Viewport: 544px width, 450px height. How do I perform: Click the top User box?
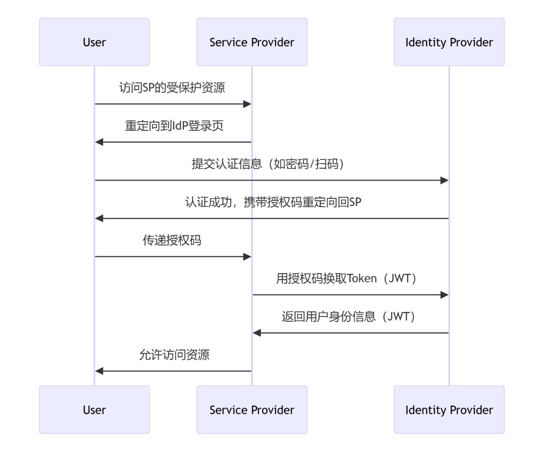click(94, 42)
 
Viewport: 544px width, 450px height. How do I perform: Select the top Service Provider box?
click(252, 42)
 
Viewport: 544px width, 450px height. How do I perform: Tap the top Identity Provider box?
click(449, 42)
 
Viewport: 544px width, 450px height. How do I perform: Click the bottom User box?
click(94, 410)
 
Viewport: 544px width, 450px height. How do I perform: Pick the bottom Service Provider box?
click(252, 410)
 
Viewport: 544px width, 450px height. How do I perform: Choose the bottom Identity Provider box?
click(449, 410)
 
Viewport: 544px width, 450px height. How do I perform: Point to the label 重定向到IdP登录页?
click(173, 126)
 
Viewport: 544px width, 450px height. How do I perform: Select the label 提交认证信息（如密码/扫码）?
click(272, 164)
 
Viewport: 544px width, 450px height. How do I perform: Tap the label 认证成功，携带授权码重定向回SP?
click(272, 202)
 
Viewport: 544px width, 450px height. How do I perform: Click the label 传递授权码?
click(172, 240)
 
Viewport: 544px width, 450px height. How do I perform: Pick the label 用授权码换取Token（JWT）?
click(350, 278)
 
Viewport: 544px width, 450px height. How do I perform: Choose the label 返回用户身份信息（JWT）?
click(350, 317)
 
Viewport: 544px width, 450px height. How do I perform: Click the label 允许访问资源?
click(173, 355)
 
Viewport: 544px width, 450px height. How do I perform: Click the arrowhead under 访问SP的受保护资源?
click(248, 104)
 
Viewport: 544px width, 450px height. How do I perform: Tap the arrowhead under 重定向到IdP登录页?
click(99, 142)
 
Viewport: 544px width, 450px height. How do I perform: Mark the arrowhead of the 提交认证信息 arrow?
click(444, 181)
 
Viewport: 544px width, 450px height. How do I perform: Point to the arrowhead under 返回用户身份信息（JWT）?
click(257, 333)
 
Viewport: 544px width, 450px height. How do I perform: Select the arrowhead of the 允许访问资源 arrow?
click(99, 371)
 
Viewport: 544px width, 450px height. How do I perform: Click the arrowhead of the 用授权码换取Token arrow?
click(444, 295)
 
